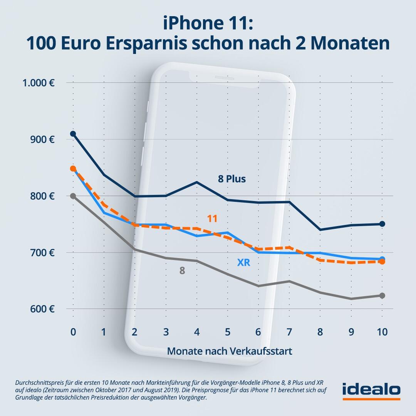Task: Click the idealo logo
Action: pyautogui.click(x=371, y=390)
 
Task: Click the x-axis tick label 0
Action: pyautogui.click(x=73, y=332)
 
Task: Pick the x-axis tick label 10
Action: pyautogui.click(x=382, y=332)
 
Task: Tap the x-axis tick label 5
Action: pyautogui.click(x=228, y=332)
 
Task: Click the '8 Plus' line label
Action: pyautogui.click(x=231, y=179)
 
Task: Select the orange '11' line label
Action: pyautogui.click(x=212, y=219)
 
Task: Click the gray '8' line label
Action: pyautogui.click(x=182, y=271)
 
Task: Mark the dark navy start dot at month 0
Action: pyautogui.click(x=73, y=134)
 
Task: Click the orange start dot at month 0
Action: pyautogui.click(x=73, y=169)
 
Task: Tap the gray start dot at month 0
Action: pyautogui.click(x=73, y=196)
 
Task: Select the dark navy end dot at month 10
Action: pyautogui.click(x=382, y=224)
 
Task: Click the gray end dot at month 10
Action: pyautogui.click(x=382, y=295)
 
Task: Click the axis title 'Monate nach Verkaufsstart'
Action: pyautogui.click(x=230, y=351)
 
